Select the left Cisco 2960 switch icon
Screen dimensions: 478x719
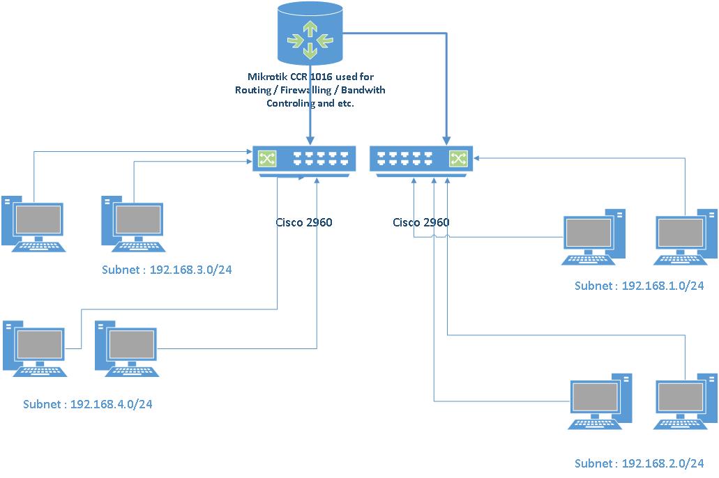click(x=304, y=160)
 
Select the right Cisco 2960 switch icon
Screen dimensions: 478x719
click(x=421, y=160)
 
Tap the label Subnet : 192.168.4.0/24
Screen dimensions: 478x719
click(x=87, y=403)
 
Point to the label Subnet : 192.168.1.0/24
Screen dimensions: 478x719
click(x=639, y=286)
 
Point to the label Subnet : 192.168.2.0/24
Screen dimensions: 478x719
click(x=639, y=463)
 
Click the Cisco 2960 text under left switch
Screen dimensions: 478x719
click(x=304, y=223)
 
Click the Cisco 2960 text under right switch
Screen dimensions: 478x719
click(x=421, y=223)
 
